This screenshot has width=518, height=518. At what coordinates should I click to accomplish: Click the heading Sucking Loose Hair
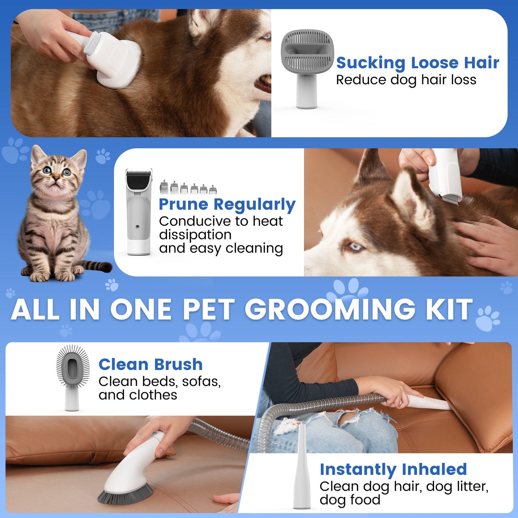click(x=417, y=63)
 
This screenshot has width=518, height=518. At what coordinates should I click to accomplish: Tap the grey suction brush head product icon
click(x=307, y=51)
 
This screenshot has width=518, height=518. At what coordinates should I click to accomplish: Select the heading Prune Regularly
click(x=227, y=204)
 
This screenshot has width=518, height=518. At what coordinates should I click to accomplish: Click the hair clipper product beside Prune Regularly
click(x=138, y=212)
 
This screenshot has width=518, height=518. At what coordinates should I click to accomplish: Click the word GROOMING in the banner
click(x=330, y=309)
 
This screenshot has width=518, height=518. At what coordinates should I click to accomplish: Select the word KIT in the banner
click(x=450, y=309)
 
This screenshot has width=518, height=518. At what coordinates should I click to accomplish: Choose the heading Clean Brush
click(x=151, y=365)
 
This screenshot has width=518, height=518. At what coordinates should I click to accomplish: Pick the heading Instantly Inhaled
click(x=393, y=469)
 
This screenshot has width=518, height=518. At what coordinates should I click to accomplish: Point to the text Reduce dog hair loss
click(x=406, y=80)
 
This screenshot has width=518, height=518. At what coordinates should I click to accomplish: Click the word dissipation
click(x=195, y=235)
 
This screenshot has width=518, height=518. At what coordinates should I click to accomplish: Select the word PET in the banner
click(x=209, y=309)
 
